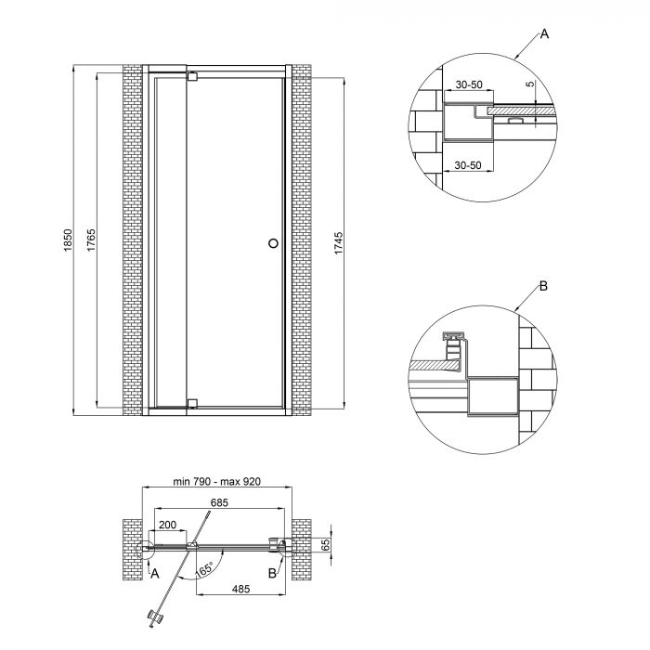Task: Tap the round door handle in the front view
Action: [x=272, y=243]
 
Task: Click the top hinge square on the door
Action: [x=192, y=77]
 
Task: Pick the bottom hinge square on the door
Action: [x=192, y=403]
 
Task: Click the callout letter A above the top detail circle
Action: [x=545, y=34]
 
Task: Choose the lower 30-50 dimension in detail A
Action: [x=468, y=164]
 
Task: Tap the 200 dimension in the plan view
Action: [x=167, y=525]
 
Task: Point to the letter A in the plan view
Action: [x=155, y=574]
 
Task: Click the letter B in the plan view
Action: [x=273, y=574]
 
